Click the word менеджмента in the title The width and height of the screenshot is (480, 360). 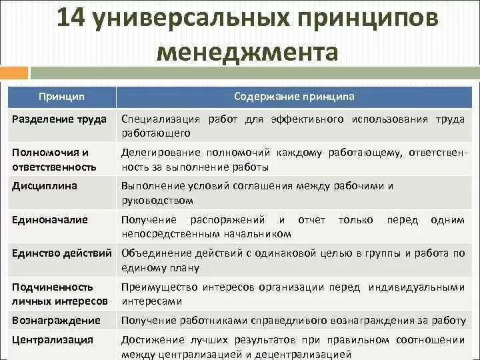pyautogui.click(x=247, y=52)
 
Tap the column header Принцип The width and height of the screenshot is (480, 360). pyautogui.click(x=61, y=97)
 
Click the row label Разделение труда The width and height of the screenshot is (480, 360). pyautogui.click(x=59, y=119)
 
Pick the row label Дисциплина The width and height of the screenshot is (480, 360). pyautogui.click(x=45, y=186)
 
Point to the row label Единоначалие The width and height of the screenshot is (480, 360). pyautogui.click(x=50, y=219)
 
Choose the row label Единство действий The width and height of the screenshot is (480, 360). pyautogui.click(x=64, y=253)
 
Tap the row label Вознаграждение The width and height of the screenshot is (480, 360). pyautogui.click(x=56, y=321)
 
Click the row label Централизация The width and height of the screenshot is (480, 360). pyautogui.click(x=53, y=339)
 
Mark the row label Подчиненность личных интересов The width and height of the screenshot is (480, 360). pyautogui.click(x=59, y=293)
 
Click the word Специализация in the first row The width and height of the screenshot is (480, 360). pyautogui.click(x=161, y=119)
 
